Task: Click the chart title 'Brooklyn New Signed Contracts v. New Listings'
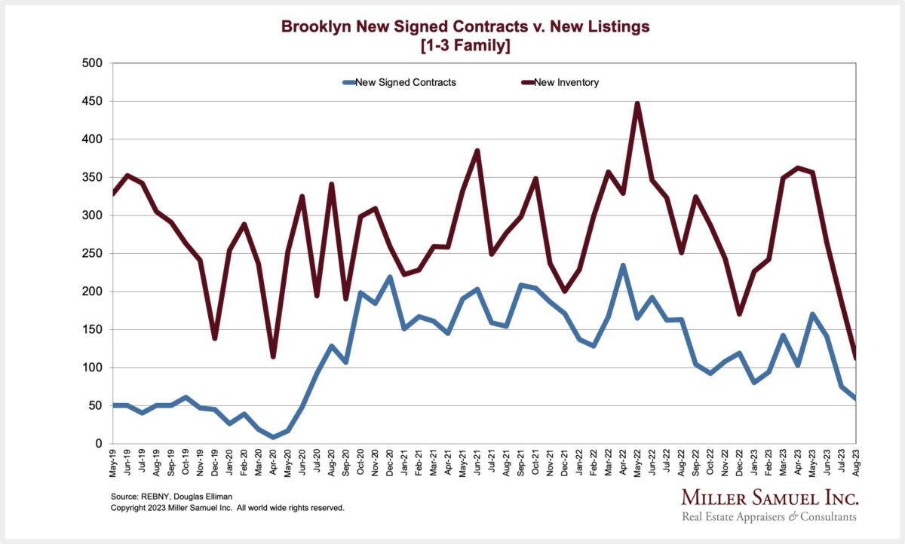[465, 27]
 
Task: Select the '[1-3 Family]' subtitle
[465, 45]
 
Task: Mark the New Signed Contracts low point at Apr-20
[273, 437]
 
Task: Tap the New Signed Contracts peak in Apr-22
[623, 265]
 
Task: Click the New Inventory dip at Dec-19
[215, 338]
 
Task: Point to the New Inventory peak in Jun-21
[477, 151]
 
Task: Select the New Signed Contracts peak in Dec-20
[390, 277]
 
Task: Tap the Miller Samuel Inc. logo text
[770, 498]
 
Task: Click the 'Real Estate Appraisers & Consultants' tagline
[770, 517]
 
